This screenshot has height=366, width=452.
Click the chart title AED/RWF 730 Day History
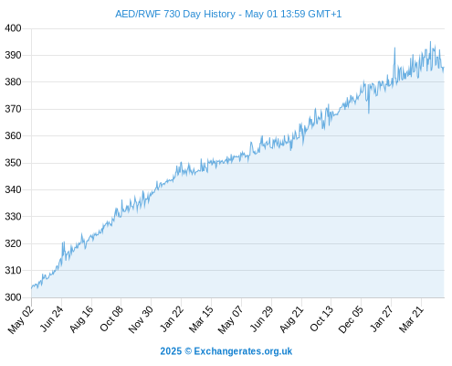pyautogui.click(x=175, y=14)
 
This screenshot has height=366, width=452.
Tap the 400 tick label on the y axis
pyautogui.click(x=13, y=28)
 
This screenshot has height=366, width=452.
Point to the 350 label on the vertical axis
pyautogui.click(x=13, y=163)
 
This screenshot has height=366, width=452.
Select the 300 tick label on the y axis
pyautogui.click(x=13, y=297)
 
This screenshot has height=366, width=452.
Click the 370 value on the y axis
pyautogui.click(x=13, y=109)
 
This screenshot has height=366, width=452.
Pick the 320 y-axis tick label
pyautogui.click(x=13, y=243)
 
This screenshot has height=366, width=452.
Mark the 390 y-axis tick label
pyautogui.click(x=13, y=55)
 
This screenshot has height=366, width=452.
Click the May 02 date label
pyautogui.click(x=20, y=319)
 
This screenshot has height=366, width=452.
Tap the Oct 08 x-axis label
pyautogui.click(x=111, y=318)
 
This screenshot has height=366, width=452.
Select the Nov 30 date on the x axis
pyautogui.click(x=141, y=319)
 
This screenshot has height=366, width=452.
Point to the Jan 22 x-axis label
pyautogui.click(x=172, y=318)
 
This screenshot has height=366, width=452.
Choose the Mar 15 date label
pyautogui.click(x=201, y=319)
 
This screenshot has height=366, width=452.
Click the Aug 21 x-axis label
pyautogui.click(x=291, y=318)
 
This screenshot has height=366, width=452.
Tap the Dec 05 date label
pyautogui.click(x=351, y=319)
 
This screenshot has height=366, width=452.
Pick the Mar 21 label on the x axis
pyautogui.click(x=412, y=318)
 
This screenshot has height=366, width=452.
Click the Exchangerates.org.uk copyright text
pyautogui.click(x=226, y=351)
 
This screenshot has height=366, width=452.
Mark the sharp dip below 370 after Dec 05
pyautogui.click(x=369, y=113)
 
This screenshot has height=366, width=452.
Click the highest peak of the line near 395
pyautogui.click(x=430, y=42)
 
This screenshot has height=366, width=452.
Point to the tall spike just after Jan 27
pyautogui.click(x=394, y=48)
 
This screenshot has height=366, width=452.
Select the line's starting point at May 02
pyautogui.click(x=31, y=288)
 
